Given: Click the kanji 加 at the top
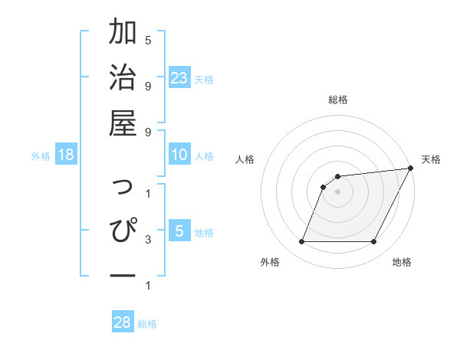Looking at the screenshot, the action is [123, 33].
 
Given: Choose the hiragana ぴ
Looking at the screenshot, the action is [123, 230].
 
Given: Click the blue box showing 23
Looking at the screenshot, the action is [179, 78].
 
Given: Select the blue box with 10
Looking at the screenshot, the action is [179, 155].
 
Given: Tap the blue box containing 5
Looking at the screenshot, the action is [179, 231].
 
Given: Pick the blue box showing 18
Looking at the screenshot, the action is [66, 155].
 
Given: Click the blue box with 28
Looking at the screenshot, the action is [123, 322].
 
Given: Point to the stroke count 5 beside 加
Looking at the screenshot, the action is [148, 41].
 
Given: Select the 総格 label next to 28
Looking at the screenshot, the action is [147, 324].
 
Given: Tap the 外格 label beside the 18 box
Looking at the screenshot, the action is [41, 156].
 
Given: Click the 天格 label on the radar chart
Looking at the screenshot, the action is [431, 159].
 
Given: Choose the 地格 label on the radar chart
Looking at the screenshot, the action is [402, 262].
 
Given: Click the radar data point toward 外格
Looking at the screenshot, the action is [301, 242].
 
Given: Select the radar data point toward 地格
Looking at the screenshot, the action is [374, 242].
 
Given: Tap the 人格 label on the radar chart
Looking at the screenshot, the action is [245, 159].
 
